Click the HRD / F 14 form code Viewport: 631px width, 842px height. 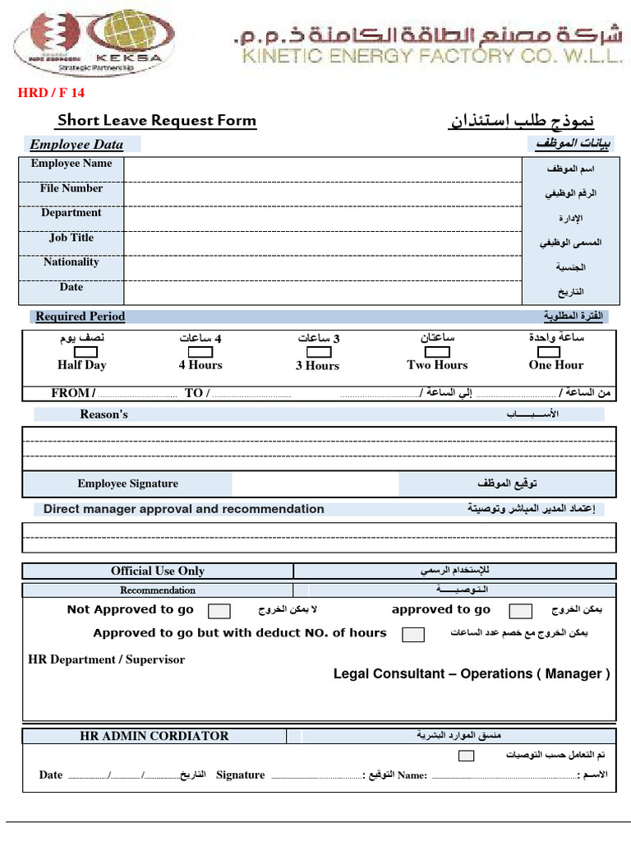click(x=51, y=93)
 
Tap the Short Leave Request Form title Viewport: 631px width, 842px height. click(x=156, y=121)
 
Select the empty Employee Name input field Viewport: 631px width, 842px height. click(x=322, y=168)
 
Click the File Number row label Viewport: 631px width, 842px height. click(x=71, y=188)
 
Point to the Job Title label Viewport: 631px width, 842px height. click(x=71, y=238)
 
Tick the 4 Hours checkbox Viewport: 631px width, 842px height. click(x=201, y=352)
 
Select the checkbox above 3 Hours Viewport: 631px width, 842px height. click(x=319, y=352)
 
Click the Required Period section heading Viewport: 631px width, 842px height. click(x=81, y=317)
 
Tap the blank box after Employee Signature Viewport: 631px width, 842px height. click(x=316, y=483)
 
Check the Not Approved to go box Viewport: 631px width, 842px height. click(x=219, y=611)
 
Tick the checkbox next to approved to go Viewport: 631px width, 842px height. click(x=520, y=611)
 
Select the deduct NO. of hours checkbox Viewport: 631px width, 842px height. click(x=413, y=634)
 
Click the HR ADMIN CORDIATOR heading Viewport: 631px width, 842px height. click(x=154, y=736)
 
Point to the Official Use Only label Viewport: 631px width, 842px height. click(x=158, y=571)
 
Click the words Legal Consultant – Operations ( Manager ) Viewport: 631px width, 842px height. click(x=472, y=673)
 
